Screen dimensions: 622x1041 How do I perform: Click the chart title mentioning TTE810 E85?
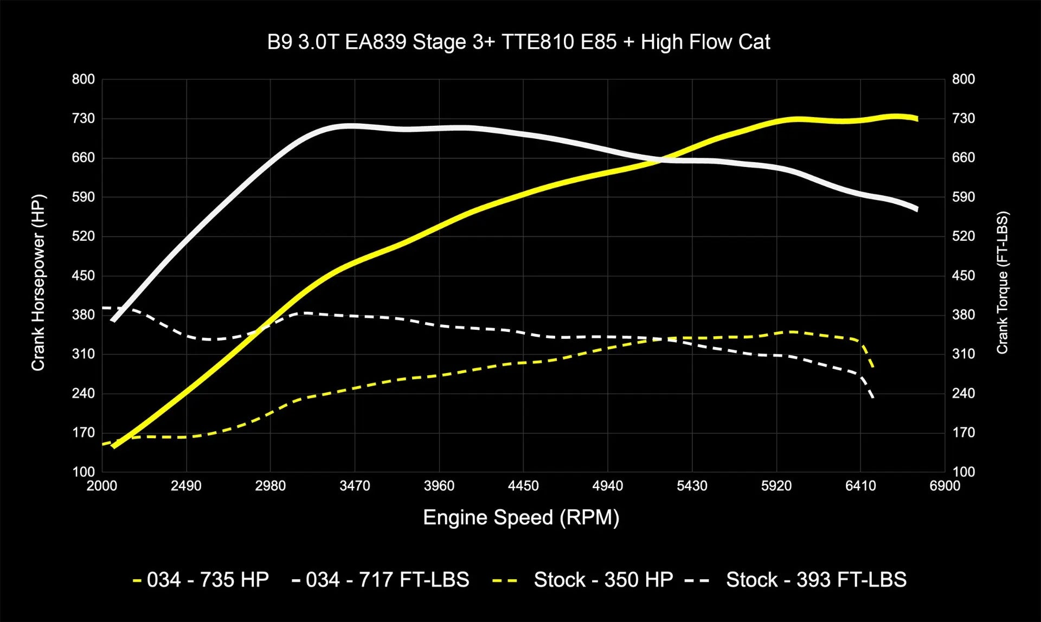pos(518,42)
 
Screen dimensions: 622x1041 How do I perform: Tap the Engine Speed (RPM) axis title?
pos(520,517)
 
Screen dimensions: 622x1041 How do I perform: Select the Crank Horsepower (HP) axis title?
pos(38,283)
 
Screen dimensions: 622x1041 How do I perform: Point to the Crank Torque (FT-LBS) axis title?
pos(1002,283)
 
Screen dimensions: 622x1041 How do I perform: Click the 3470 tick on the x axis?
pos(355,486)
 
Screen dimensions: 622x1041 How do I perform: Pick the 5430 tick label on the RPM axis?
pos(692,486)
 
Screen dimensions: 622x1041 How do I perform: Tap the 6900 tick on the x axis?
pos(944,486)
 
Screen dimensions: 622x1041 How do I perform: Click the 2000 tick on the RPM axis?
pos(102,486)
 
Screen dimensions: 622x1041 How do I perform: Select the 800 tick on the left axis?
pos(83,79)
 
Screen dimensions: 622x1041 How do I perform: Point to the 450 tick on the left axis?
pos(83,275)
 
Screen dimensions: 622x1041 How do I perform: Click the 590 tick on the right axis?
pos(963,197)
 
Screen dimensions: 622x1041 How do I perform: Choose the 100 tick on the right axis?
pos(963,472)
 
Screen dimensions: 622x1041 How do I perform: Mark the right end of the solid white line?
pos(917,209)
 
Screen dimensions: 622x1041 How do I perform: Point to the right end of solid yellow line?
pos(917,119)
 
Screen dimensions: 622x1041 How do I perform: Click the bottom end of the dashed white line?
pos(873,399)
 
